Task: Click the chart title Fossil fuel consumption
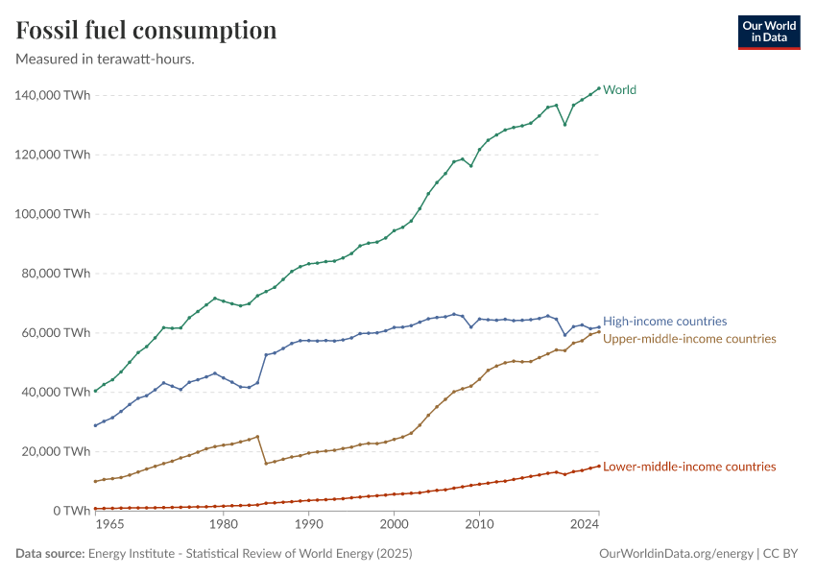pyautogui.click(x=146, y=31)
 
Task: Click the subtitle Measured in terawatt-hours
pyautogui.click(x=106, y=59)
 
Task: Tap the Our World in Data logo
pyautogui.click(x=768, y=32)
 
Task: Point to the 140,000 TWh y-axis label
pyautogui.click(x=53, y=95)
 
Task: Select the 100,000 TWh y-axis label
pyautogui.click(x=53, y=213)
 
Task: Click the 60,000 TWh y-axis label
pyautogui.click(x=56, y=332)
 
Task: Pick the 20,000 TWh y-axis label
pyautogui.click(x=56, y=451)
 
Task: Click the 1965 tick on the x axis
pyautogui.click(x=109, y=525)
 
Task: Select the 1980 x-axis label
pyautogui.click(x=223, y=525)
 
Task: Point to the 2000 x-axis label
pyautogui.click(x=394, y=525)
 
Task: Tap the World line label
pyautogui.click(x=619, y=90)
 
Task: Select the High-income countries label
pyautogui.click(x=664, y=322)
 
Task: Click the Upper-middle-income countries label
pyautogui.click(x=689, y=339)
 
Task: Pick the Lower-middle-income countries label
pyautogui.click(x=689, y=467)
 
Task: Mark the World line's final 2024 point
pyautogui.click(x=599, y=88)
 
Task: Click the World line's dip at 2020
pyautogui.click(x=564, y=125)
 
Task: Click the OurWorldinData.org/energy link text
pyautogui.click(x=675, y=554)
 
